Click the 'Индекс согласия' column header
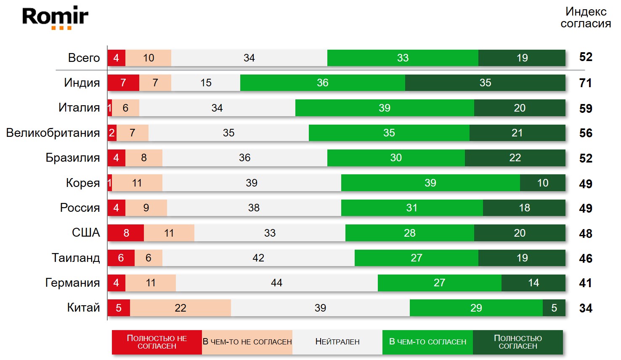point(586,17)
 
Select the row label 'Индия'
point(82,83)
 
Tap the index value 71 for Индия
point(586,83)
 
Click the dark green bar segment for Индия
point(485,83)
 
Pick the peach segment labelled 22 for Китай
point(180,308)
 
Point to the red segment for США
point(126,233)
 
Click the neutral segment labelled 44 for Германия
point(276,283)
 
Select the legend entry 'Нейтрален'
point(337,342)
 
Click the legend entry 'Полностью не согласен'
point(157,342)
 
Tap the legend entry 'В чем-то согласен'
point(427,342)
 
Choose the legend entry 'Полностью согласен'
point(518,342)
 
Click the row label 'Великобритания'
point(53,133)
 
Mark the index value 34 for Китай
point(586,308)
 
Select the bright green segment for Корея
point(430,183)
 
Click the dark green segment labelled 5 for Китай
point(554,308)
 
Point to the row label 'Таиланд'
point(76,258)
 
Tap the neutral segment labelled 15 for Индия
point(206,83)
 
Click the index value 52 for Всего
point(586,57)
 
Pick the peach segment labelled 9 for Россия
point(146,208)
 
